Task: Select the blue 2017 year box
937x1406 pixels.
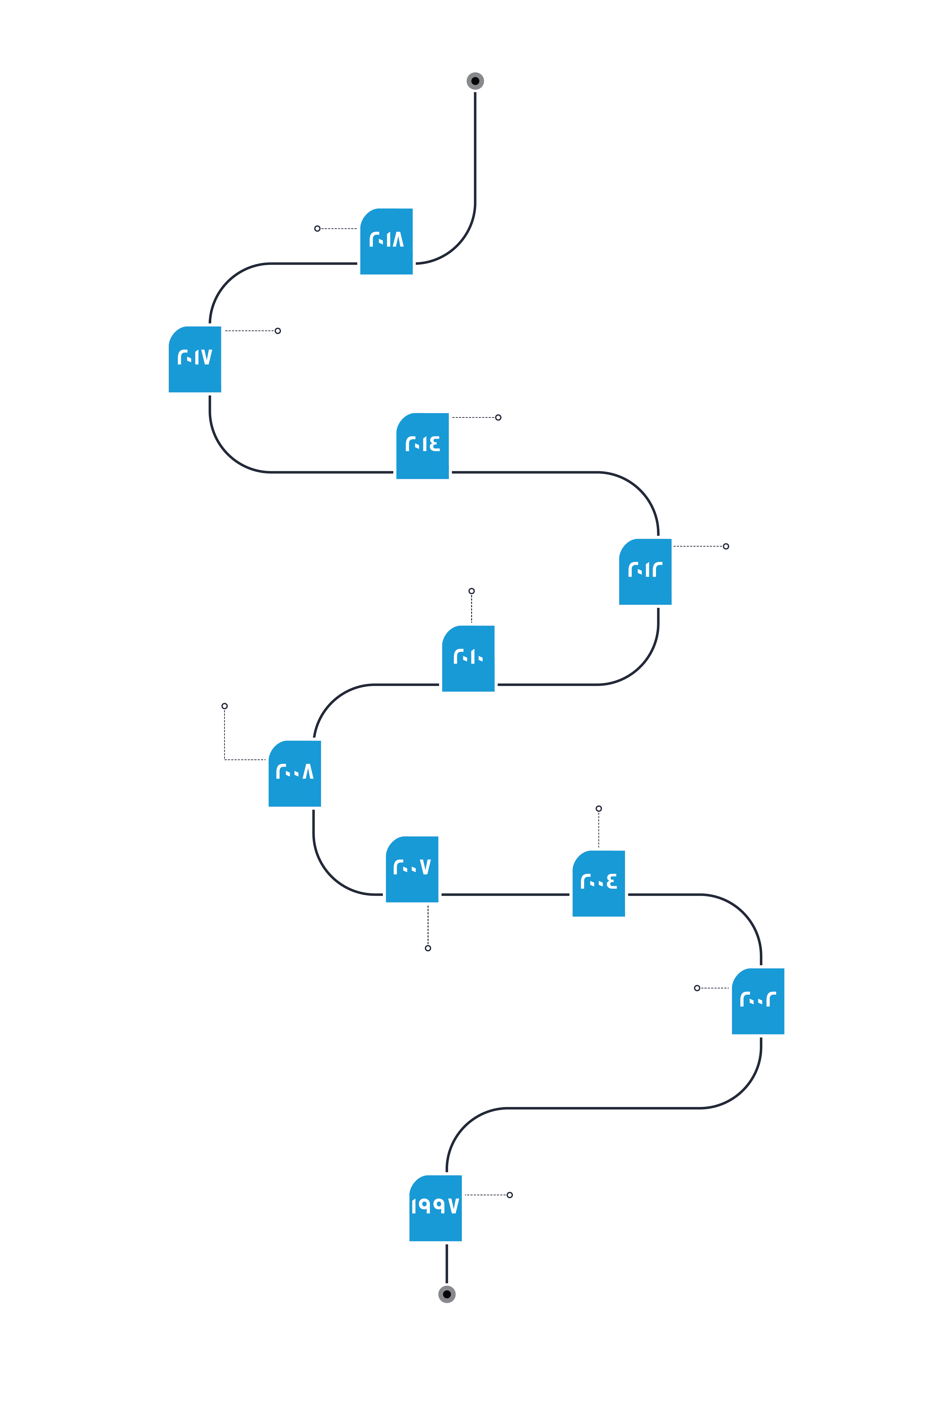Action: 195,359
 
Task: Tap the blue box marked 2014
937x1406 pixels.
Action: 423,446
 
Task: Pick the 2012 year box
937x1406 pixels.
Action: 645,572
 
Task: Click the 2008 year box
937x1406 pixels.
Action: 295,773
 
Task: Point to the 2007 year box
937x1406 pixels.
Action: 412,869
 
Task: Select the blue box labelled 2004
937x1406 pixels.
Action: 599,883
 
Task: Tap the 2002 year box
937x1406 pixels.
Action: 758,1001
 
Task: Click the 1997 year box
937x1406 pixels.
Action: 436,1208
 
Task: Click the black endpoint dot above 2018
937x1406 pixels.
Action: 475,81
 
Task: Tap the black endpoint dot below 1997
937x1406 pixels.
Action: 447,1294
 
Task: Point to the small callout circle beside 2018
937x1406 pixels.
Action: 317,228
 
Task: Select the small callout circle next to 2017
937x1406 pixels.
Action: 278,331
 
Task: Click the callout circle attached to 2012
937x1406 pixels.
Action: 726,546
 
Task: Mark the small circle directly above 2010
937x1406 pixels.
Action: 472,591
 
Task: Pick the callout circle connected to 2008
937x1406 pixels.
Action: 225,706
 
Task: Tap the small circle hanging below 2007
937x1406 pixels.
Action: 428,948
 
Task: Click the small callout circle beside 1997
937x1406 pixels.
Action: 510,1195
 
